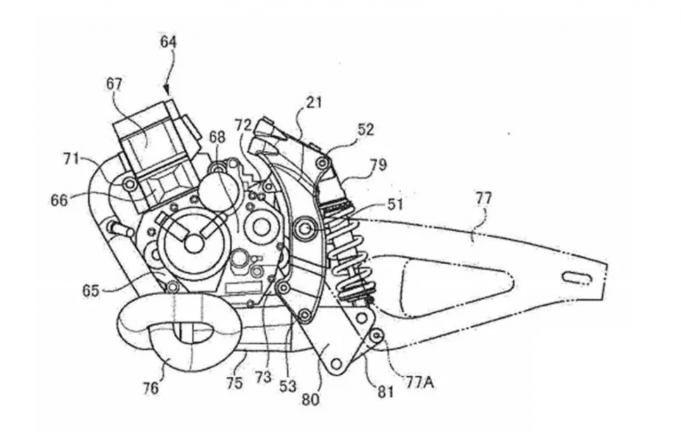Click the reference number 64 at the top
168,41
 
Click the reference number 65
91,291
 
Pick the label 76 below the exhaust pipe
151,387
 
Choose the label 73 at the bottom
263,377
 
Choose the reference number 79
379,164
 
